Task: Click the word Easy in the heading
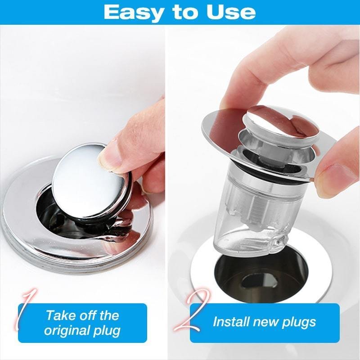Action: pos(134,12)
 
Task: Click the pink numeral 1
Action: pos(25,310)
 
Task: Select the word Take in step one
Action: pos(60,315)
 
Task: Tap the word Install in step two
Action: pos(231,322)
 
